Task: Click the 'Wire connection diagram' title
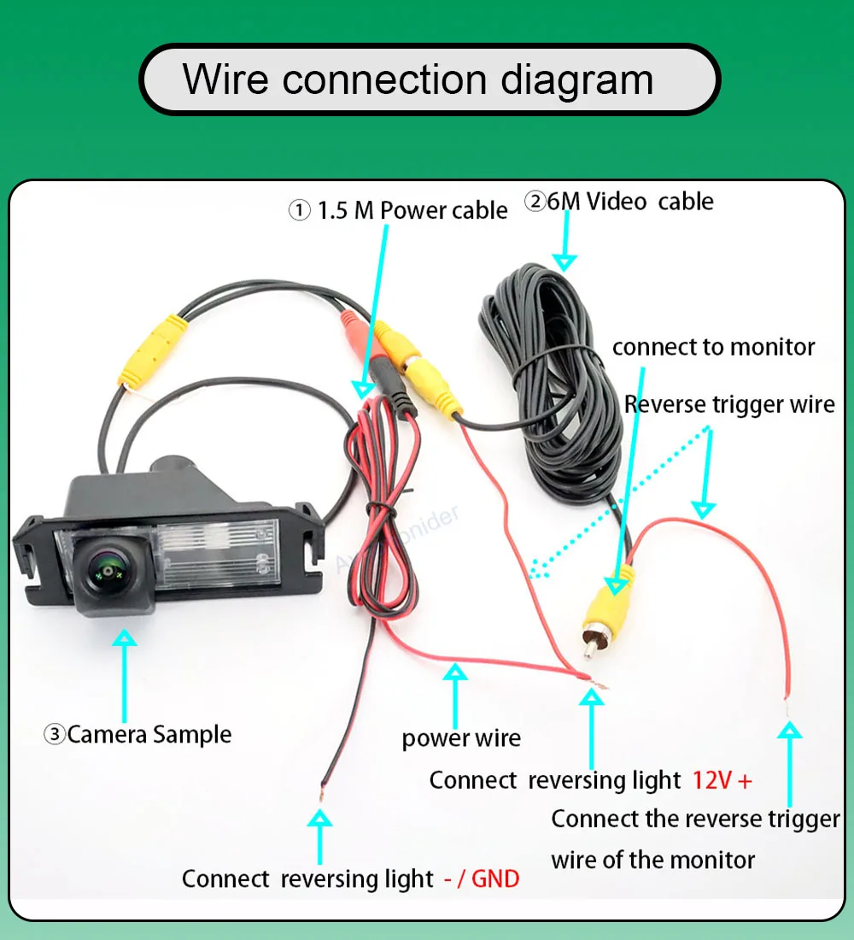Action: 418,79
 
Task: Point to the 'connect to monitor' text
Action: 713,347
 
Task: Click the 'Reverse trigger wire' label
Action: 729,405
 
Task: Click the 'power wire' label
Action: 461,738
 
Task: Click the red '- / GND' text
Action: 482,878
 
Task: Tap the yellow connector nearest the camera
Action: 152,351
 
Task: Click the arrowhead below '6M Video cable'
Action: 564,262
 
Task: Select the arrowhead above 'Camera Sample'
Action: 125,637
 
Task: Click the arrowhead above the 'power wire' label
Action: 455,672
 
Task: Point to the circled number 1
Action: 299,210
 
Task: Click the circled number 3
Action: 55,734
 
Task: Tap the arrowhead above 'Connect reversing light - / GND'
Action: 319,819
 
